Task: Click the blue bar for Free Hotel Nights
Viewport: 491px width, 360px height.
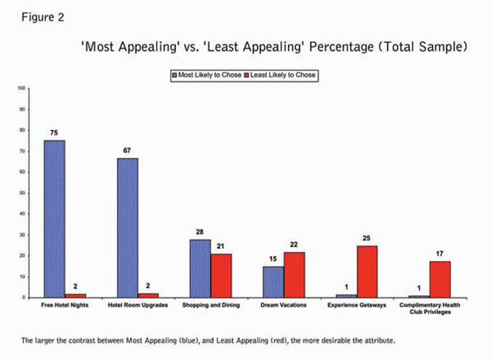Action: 55,218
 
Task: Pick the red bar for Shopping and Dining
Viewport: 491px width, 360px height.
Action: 221,276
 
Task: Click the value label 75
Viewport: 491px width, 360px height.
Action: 54,133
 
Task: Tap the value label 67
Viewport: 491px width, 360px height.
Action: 127,151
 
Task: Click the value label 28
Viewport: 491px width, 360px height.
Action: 200,232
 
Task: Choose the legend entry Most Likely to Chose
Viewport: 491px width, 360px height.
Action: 206,75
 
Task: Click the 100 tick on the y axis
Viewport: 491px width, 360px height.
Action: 22,89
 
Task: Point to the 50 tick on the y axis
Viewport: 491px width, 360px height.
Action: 23,193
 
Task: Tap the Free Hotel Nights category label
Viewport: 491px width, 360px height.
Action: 65,305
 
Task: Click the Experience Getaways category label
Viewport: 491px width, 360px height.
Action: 356,305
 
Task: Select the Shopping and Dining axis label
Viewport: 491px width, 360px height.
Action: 211,305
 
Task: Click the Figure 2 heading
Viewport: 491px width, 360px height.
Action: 38,17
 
